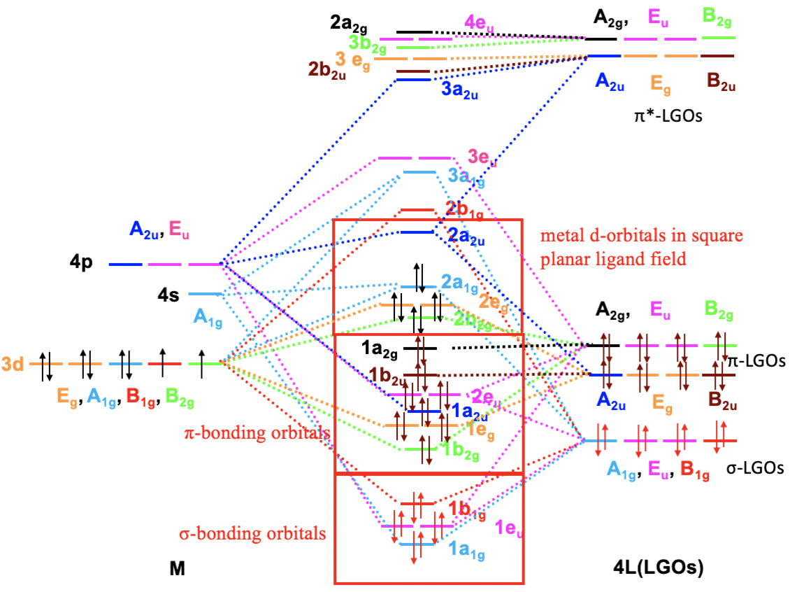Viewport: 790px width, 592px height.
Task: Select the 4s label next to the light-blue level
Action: click(168, 295)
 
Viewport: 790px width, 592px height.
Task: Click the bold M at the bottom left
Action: click(177, 570)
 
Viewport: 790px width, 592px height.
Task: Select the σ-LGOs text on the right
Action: click(754, 468)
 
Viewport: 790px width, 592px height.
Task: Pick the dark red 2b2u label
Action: click(326, 71)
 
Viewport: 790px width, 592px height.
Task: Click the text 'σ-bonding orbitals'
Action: click(252, 534)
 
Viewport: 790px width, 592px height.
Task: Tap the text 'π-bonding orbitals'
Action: click(257, 433)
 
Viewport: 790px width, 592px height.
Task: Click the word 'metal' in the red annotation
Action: click(560, 236)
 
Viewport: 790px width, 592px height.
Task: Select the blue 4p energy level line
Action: click(125, 265)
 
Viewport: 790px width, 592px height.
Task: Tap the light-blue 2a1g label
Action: click(459, 283)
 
